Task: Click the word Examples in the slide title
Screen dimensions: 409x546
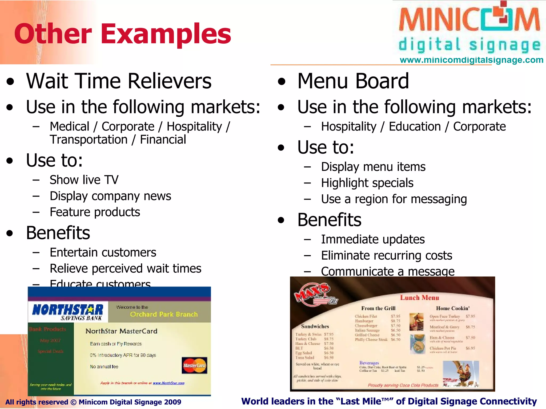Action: tap(166, 34)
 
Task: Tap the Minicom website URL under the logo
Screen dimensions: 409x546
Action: tap(471, 60)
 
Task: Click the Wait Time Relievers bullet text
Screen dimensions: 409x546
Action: tap(119, 81)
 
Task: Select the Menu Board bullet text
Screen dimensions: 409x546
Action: tap(353, 81)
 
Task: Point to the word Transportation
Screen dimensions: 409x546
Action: tap(89, 140)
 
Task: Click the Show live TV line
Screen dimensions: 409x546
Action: tap(84, 180)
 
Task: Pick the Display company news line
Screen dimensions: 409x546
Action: tap(110, 196)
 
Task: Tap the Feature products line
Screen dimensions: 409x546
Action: tap(95, 212)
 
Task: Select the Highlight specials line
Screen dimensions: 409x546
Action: tap(367, 183)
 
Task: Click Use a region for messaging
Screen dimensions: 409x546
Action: tap(394, 199)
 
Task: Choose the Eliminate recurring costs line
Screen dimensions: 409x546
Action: tap(387, 256)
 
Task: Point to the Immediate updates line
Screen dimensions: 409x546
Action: tap(373, 239)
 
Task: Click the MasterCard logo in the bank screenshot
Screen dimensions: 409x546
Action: tap(194, 365)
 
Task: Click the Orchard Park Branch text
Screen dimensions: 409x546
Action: tap(164, 314)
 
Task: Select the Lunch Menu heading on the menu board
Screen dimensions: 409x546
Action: tap(419, 298)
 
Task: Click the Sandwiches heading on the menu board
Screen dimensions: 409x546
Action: tap(315, 326)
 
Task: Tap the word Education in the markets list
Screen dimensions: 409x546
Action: tap(415, 126)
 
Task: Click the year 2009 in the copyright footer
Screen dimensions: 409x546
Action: tap(173, 402)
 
